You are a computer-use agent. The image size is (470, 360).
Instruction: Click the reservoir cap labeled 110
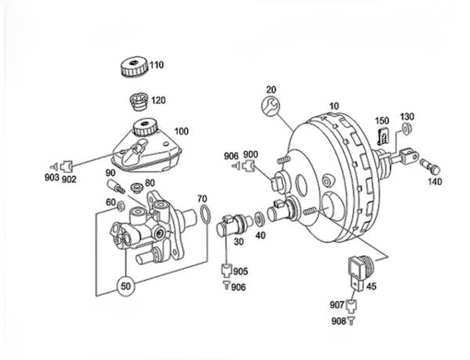click(x=134, y=67)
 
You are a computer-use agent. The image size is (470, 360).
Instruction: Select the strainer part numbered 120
click(x=139, y=101)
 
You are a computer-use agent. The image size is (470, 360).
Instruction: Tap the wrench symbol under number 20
click(x=270, y=106)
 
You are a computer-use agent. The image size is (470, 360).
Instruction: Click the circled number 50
click(x=126, y=286)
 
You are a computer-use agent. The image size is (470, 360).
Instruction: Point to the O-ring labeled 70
click(x=205, y=214)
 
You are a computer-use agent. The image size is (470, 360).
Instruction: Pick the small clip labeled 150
click(x=383, y=135)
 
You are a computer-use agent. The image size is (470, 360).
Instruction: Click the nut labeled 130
click(x=407, y=129)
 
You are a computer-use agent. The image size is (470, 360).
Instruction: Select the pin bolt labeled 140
click(x=430, y=166)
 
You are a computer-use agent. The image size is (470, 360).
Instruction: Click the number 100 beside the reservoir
click(x=182, y=131)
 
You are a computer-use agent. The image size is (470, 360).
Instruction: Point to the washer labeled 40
click(x=258, y=218)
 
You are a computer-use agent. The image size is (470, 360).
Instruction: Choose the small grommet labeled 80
click(x=138, y=188)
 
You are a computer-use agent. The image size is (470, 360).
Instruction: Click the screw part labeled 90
click(x=116, y=186)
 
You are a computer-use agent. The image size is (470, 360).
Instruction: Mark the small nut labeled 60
click(x=121, y=206)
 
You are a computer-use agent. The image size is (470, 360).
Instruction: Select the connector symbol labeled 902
click(x=67, y=166)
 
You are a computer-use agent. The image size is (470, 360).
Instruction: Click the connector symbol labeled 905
click(x=226, y=270)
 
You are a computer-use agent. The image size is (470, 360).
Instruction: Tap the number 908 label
click(x=338, y=321)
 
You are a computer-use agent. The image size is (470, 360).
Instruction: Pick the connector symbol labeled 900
click(x=249, y=165)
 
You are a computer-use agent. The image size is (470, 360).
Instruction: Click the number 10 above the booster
click(x=334, y=106)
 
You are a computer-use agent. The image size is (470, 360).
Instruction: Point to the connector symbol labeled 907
click(x=351, y=305)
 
